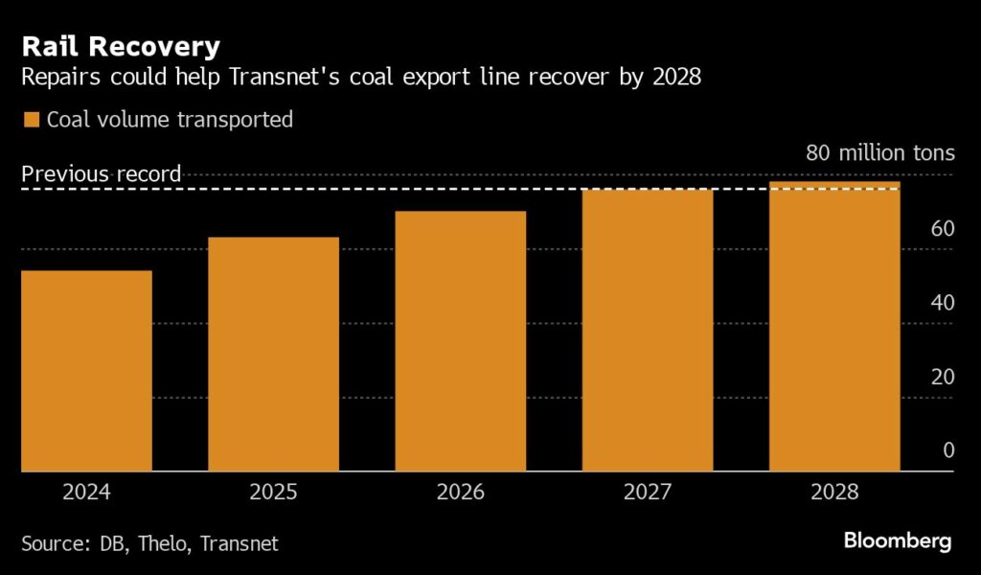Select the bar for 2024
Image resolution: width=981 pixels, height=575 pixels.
(86, 371)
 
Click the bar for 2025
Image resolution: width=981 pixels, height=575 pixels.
(273, 354)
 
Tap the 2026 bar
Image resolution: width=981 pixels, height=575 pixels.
(461, 341)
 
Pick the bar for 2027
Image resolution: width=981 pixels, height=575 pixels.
(648, 330)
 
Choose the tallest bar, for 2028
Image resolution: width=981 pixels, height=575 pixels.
(834, 326)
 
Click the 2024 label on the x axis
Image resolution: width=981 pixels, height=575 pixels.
(86, 493)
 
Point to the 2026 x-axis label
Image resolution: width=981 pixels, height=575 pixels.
(461, 493)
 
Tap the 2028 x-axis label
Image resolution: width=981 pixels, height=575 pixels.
(834, 493)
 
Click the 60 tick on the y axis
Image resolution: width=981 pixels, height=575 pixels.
(942, 228)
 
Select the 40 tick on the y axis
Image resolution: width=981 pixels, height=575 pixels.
(942, 302)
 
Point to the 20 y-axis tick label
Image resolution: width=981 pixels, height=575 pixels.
(942, 376)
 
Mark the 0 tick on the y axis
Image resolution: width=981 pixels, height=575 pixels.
(947, 449)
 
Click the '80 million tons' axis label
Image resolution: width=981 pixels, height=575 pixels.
(879, 152)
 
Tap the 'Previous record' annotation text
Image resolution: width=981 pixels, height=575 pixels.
(102, 173)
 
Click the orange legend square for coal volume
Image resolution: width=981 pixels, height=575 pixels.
(31, 120)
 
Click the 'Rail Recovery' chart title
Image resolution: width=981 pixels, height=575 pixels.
(121, 45)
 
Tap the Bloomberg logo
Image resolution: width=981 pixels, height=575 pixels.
(898, 541)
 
